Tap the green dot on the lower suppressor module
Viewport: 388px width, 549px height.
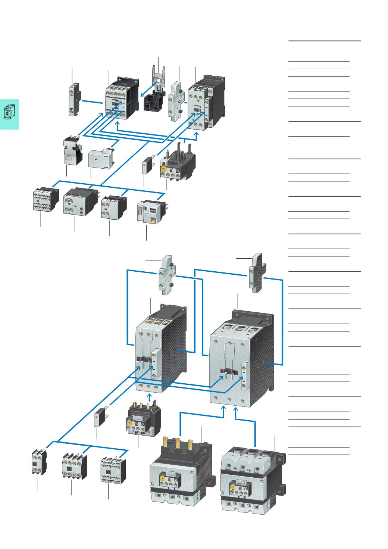98,415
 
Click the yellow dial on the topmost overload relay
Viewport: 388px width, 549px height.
163,169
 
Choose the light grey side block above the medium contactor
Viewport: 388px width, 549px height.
167,275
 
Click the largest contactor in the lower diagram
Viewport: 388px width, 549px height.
241,360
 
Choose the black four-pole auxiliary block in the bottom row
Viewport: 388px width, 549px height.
74,465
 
